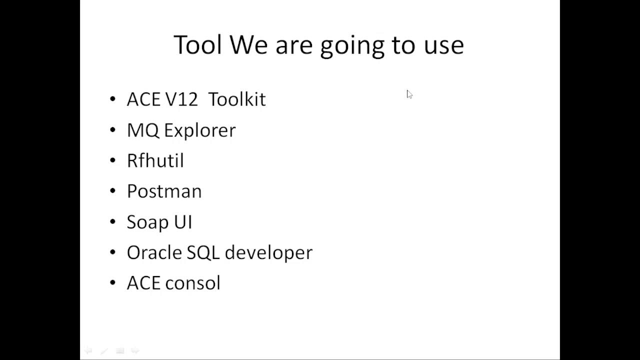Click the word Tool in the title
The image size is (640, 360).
pyautogui.click(x=197, y=45)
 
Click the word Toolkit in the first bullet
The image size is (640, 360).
pyautogui.click(x=236, y=99)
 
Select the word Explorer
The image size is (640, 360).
pyautogui.click(x=199, y=130)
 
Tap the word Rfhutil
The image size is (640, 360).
pyautogui.click(x=155, y=161)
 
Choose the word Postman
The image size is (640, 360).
pyautogui.click(x=164, y=191)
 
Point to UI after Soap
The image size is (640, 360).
pyautogui.click(x=183, y=222)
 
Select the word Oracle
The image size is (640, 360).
pyautogui.click(x=154, y=252)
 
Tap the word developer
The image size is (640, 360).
pyautogui.click(x=268, y=253)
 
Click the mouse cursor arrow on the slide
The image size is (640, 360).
pyautogui.click(x=409, y=94)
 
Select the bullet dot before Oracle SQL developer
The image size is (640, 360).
pyautogui.click(x=112, y=253)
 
